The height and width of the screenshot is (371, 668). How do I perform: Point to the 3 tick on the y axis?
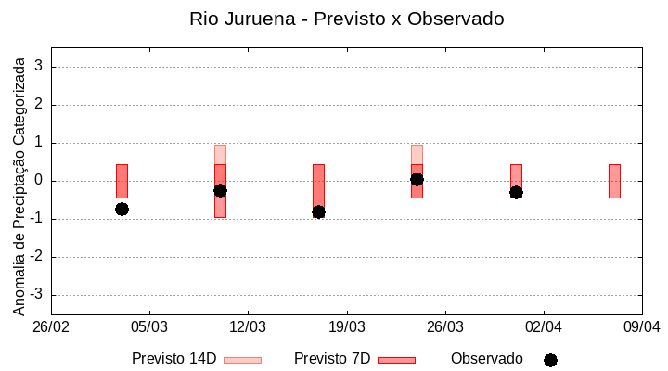[x=39, y=67]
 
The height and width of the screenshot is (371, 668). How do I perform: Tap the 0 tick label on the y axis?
[x=39, y=181]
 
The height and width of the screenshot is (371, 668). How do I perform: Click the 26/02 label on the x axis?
[x=51, y=327]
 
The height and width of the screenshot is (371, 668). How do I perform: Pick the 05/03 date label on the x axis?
[x=149, y=327]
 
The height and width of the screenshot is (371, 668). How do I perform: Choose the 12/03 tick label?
[x=248, y=327]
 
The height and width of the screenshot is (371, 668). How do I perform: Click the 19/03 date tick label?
[x=346, y=327]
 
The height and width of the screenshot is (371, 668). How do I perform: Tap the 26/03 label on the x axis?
[x=445, y=327]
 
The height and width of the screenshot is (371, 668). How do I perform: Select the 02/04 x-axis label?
[x=544, y=327]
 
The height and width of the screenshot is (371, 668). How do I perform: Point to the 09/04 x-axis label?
[x=642, y=327]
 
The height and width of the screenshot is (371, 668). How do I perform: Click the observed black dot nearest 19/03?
[x=318, y=211]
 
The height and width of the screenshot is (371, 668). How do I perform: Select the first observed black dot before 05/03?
[x=122, y=209]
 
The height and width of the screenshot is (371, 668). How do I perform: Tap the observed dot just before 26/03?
[x=417, y=179]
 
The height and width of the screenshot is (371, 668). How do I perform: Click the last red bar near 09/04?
[x=614, y=181]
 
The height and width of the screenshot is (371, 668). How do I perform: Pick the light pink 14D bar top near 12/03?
[x=220, y=154]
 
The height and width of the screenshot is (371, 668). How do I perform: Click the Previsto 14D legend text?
[x=173, y=359]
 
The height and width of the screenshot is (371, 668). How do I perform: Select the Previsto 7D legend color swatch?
[x=396, y=360]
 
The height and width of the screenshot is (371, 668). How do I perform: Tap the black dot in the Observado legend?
[x=550, y=360]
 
